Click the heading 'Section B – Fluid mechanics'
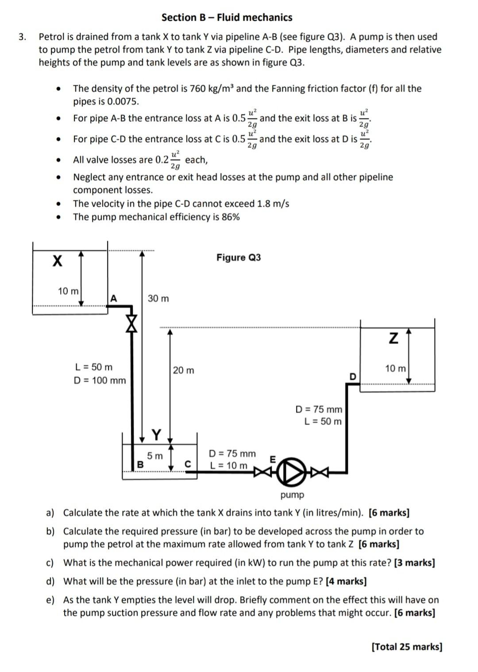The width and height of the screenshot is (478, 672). coord(227,18)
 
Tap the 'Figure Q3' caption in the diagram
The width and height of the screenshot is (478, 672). coord(239,258)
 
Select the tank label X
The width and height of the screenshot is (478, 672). coord(57,261)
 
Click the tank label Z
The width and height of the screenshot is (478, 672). coord(393,339)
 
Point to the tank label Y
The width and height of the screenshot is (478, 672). coord(157,434)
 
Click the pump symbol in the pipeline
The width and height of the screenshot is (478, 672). coord(292,472)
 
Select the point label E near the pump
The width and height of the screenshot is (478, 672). coord(273,460)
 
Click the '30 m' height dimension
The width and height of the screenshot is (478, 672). coord(158,298)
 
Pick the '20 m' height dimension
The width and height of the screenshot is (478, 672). coord(183,370)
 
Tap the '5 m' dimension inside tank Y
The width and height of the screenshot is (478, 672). coord(155,456)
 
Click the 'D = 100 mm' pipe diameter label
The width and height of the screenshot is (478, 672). coord(100,380)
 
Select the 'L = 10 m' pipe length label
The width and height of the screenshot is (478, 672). coord(229,465)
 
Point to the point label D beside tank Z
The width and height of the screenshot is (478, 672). coord(353,377)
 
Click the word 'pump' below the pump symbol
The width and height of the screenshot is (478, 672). coord(292,494)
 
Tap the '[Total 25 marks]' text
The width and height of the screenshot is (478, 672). coord(407,647)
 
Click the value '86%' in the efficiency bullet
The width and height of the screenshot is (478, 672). coord(230,217)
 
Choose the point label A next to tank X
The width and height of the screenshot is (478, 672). coord(114,298)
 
